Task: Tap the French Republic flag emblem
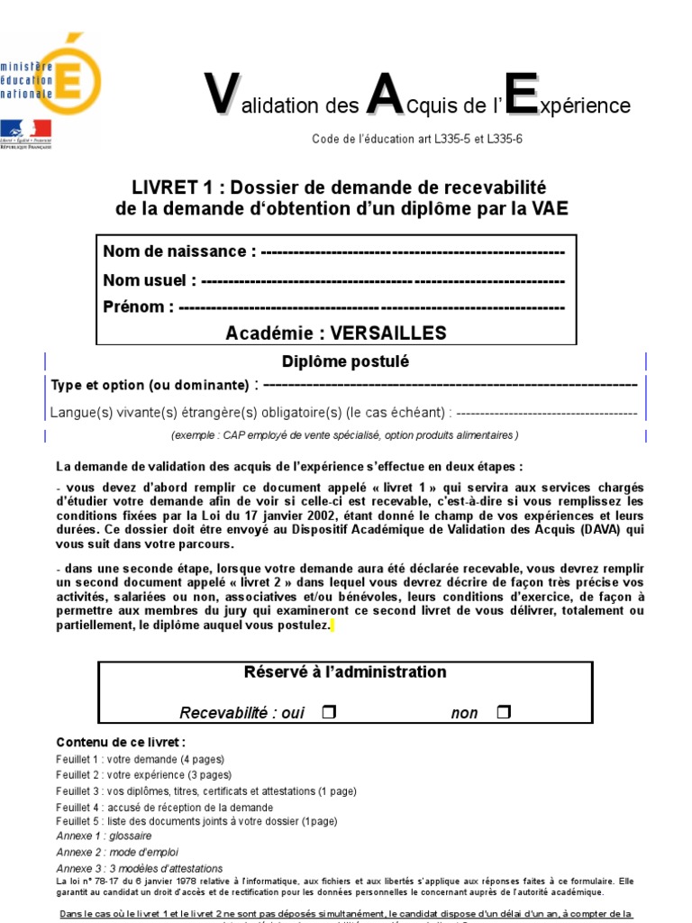(x=25, y=130)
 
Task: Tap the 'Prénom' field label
(x=139, y=307)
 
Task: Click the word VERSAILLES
(x=388, y=334)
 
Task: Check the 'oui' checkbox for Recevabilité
(x=328, y=713)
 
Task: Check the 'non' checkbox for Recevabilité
(x=503, y=713)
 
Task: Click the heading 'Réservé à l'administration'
(x=345, y=672)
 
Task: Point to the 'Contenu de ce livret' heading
(x=121, y=742)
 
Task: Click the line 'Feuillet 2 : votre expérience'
(x=143, y=775)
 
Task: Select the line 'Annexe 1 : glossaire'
(x=104, y=836)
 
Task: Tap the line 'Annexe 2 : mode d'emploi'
(x=117, y=852)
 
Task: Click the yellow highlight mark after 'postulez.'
(x=332, y=626)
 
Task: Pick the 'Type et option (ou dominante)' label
(x=150, y=386)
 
